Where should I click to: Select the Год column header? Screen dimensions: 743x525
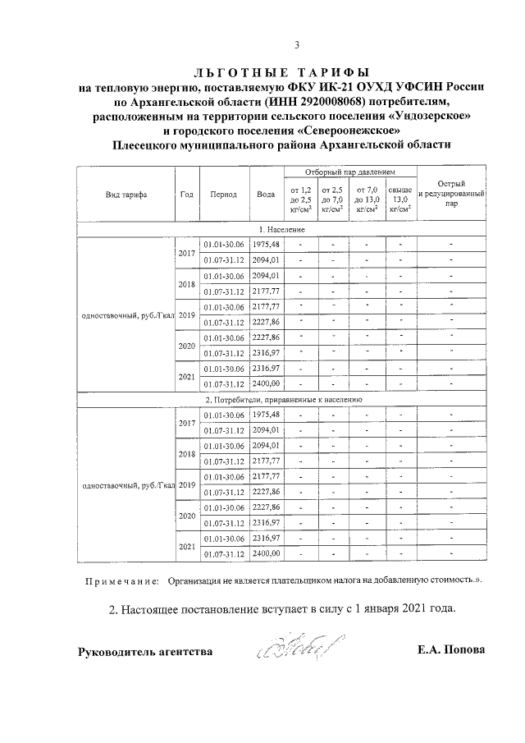coord(186,195)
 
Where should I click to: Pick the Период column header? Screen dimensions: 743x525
coord(223,195)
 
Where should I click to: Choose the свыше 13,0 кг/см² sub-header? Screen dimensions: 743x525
coord(399,200)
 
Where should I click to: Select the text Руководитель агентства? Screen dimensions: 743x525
coord(145,652)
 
